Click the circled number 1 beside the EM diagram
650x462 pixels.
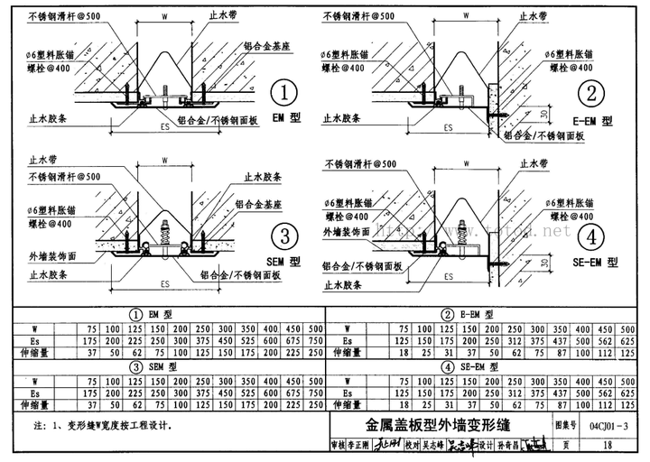(284, 95)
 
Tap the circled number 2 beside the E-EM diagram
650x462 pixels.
(592, 95)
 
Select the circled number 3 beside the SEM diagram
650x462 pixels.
(284, 237)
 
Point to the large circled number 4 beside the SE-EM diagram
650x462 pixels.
(592, 237)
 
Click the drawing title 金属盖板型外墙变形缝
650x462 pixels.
(437, 424)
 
